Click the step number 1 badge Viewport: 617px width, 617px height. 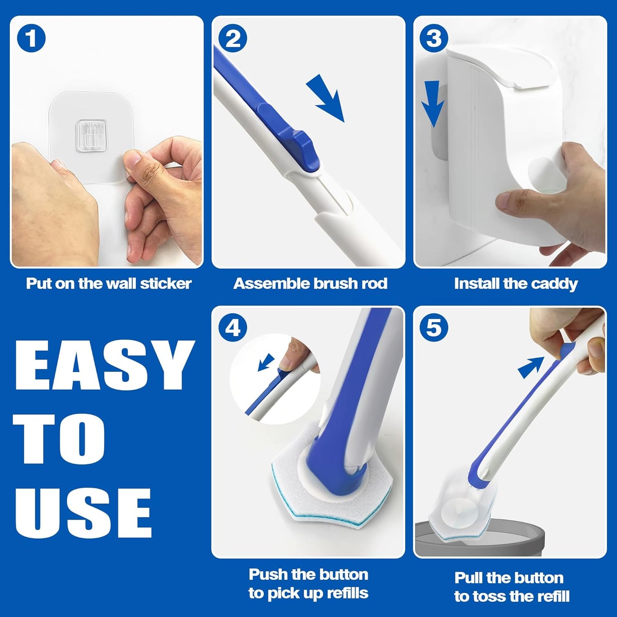(31, 39)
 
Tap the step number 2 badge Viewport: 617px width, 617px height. (233, 39)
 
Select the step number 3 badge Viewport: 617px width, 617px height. (434, 39)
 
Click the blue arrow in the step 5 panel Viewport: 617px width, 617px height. (531, 367)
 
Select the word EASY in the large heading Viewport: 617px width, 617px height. (102, 366)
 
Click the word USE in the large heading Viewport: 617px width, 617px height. (83, 512)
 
